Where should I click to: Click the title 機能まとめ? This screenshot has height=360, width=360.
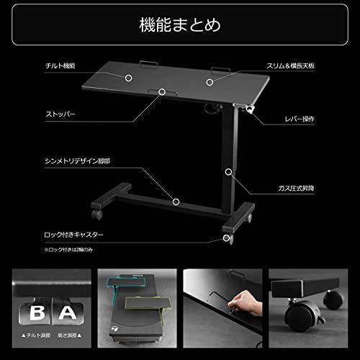click(x=180, y=26)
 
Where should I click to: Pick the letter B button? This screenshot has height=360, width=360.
click(x=34, y=312)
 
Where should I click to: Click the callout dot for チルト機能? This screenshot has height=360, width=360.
click(x=130, y=76)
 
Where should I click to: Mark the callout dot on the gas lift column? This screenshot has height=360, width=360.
click(x=228, y=172)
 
